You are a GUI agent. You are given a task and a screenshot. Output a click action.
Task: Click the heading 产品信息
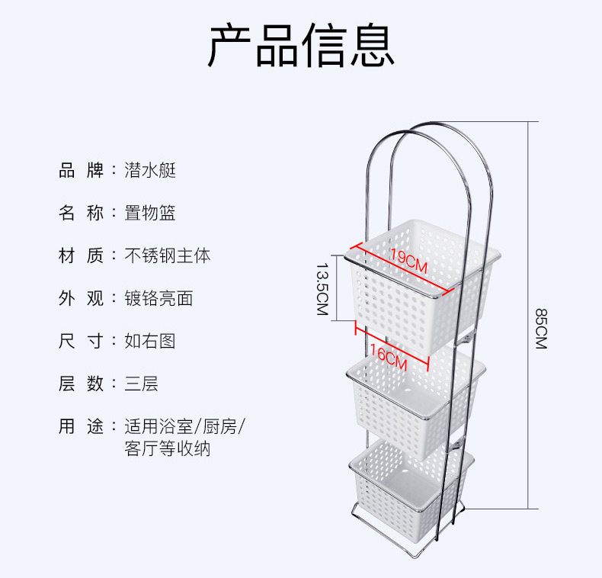point(301,45)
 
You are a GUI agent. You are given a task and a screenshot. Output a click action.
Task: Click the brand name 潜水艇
point(150,170)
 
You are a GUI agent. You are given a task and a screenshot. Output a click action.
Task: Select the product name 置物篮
point(150,213)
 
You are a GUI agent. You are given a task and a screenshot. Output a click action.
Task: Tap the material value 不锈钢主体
point(168,255)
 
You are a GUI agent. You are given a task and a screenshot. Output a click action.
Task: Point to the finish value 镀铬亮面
point(159,298)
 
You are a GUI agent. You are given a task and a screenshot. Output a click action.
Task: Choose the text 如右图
point(150,341)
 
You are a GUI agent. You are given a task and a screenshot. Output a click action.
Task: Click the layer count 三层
point(142,384)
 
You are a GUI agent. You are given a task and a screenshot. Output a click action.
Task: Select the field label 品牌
point(81,170)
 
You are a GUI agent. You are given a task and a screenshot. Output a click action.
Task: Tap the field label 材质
point(81,255)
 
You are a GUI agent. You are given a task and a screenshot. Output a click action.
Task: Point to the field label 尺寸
point(81,341)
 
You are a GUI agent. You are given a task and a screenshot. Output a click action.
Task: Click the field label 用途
point(81,426)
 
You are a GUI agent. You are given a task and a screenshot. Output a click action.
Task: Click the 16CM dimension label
point(388,355)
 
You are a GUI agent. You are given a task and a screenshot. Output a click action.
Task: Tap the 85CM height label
point(540,328)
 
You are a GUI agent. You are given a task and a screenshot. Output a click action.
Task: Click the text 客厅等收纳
point(168,449)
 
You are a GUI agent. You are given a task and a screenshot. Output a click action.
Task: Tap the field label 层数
point(81,384)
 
